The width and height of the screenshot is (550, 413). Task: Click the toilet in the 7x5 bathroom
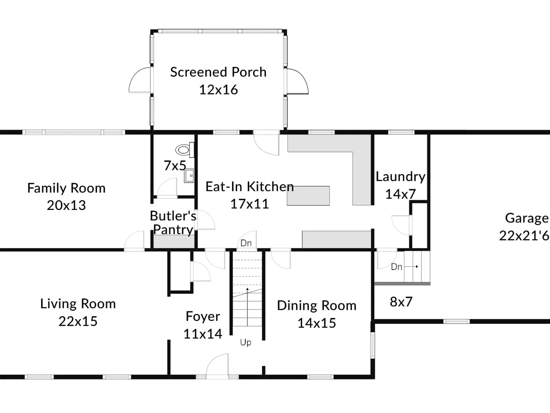(185, 150)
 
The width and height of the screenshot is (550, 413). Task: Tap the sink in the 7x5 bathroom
(189, 176)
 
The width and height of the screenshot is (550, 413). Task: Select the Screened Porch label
(218, 72)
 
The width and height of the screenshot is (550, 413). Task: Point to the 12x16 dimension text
(219, 90)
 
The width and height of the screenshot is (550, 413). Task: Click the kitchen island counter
(308, 196)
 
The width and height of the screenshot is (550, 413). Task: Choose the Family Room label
(67, 188)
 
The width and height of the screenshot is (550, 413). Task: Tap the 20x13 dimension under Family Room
(67, 205)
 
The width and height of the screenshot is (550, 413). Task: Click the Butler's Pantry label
(173, 223)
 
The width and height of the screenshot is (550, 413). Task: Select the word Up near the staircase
(245, 342)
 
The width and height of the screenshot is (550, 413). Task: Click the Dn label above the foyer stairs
(246, 243)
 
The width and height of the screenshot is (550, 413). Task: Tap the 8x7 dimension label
(401, 302)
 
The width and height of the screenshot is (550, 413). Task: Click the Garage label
(527, 218)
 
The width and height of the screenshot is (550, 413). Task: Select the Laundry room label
(400, 177)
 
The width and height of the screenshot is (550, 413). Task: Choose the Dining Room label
(317, 306)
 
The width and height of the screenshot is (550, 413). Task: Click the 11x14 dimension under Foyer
(203, 334)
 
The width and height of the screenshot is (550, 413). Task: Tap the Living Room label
(78, 304)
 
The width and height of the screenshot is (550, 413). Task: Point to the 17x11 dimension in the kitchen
(250, 204)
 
